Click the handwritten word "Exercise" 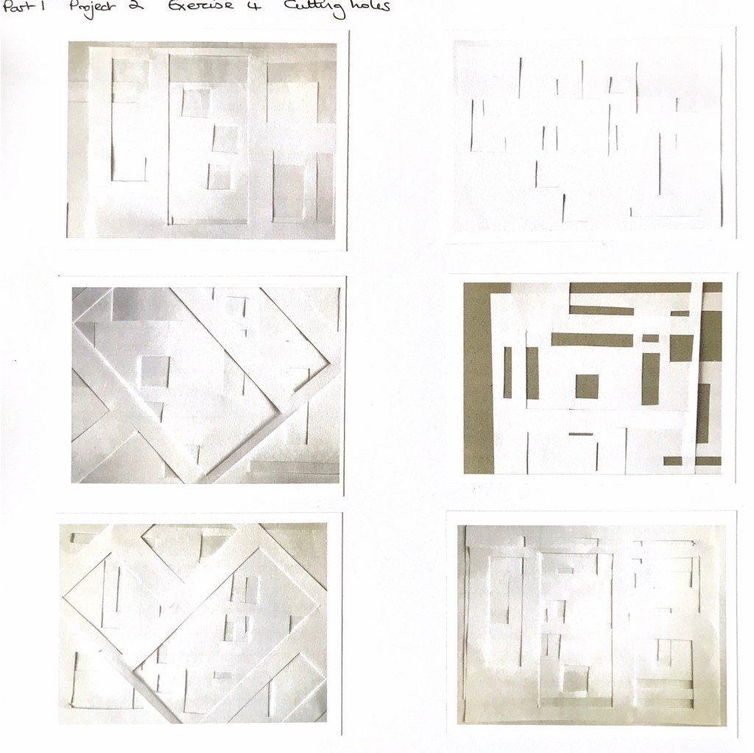point(200,6)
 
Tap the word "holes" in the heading point(370,7)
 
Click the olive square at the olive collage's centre point(587,386)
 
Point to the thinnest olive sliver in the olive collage point(581,434)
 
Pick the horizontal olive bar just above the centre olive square point(592,339)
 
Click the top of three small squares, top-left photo point(196,102)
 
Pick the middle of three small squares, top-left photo point(225,139)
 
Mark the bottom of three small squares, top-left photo point(219,177)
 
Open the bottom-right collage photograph point(591,625)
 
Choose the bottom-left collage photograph point(193,623)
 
